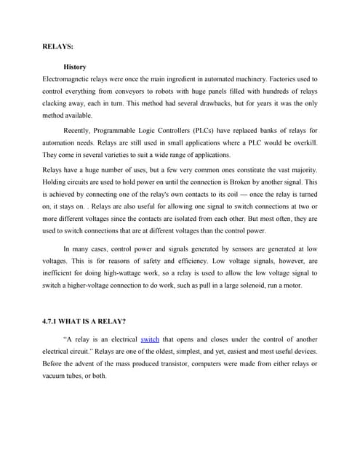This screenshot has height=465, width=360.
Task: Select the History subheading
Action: point(76,66)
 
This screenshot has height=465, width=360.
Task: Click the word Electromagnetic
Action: point(70,76)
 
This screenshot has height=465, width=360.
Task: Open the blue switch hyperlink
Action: point(149,339)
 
